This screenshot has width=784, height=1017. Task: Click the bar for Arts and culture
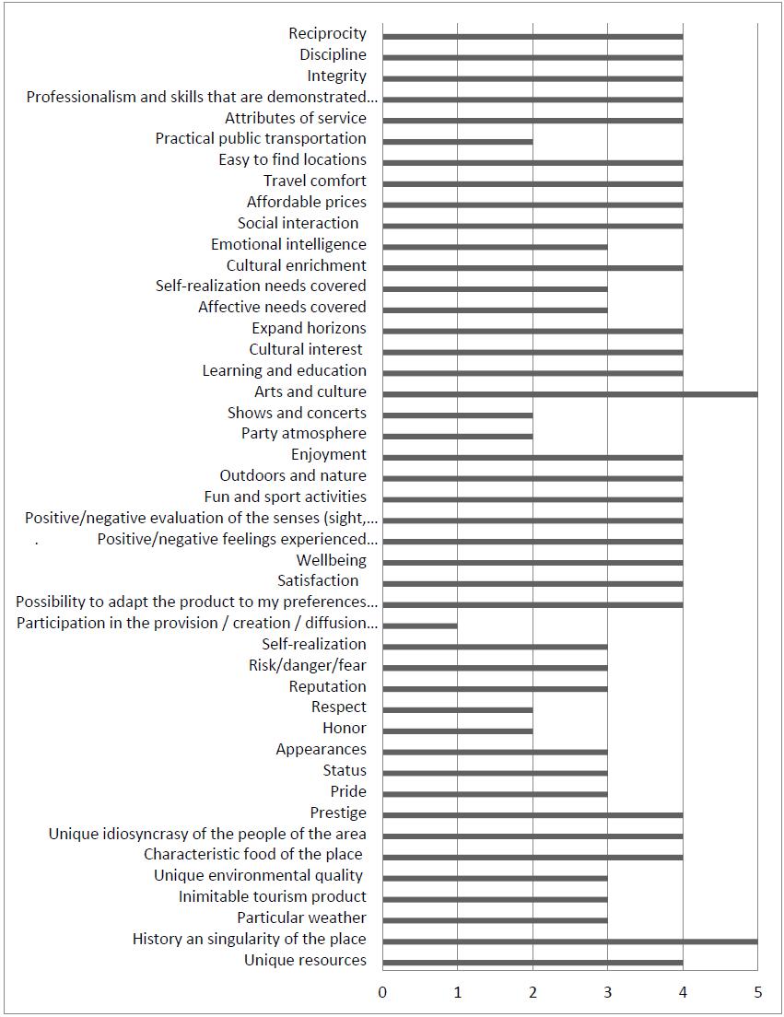point(570,394)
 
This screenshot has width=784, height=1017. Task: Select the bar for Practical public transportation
point(458,141)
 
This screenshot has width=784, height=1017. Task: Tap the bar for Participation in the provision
point(420,625)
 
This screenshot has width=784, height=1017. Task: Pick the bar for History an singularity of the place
point(570,941)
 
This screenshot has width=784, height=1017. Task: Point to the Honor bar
point(458,731)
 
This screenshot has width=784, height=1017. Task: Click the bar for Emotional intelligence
point(496,247)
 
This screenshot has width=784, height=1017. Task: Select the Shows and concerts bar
point(458,415)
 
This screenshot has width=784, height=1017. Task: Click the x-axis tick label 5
point(758,992)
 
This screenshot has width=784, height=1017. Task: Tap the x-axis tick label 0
point(382,992)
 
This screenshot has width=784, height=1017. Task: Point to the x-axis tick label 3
point(608,992)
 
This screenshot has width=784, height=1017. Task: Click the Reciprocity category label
point(327,34)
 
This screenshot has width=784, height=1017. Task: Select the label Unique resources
point(306,960)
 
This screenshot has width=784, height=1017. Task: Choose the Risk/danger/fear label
point(308,665)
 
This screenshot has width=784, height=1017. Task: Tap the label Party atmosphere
point(304,433)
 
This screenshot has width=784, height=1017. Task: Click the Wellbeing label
point(332,560)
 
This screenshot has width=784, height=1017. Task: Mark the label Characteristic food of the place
point(253,854)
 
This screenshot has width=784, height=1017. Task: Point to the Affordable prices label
point(307,202)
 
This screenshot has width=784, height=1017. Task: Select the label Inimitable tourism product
point(273,896)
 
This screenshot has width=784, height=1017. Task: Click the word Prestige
point(338,812)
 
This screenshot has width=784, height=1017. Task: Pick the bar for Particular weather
point(496,920)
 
